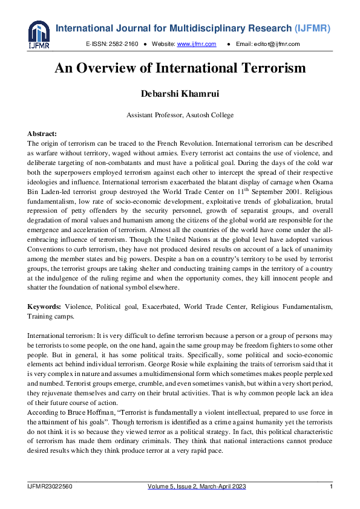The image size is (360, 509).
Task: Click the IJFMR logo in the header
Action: coord(38,35)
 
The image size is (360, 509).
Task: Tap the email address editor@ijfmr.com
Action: coord(277,44)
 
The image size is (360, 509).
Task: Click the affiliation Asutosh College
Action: coord(208,115)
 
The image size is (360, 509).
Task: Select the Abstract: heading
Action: coord(42,133)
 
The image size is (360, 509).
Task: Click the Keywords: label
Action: coord(44,307)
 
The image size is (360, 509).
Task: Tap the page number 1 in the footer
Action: coord(331,487)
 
